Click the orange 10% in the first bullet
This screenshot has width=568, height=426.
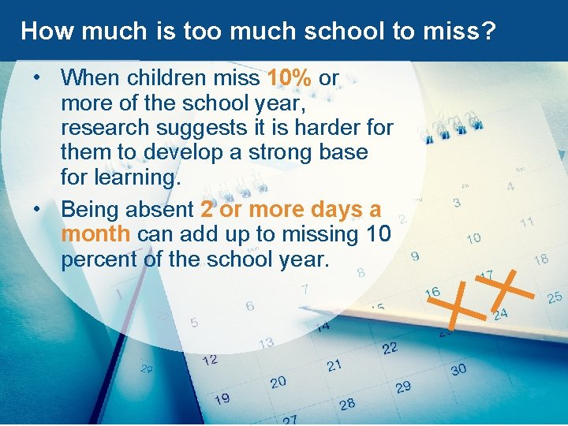[x=290, y=78]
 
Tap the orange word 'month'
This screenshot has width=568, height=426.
[x=95, y=234]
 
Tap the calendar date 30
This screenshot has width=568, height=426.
[x=458, y=369]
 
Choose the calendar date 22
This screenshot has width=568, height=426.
[x=389, y=348]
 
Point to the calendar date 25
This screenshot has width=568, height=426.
[x=554, y=297]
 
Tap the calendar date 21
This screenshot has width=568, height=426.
[x=334, y=364]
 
